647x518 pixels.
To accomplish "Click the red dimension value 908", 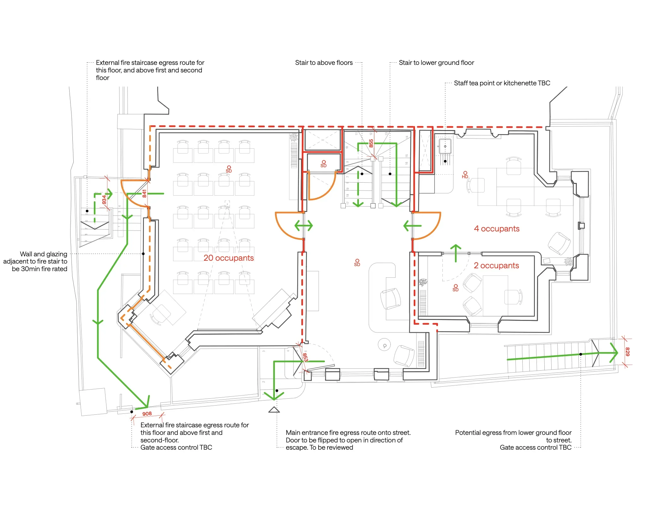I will point(147,414).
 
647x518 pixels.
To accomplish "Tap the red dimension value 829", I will point(627,352).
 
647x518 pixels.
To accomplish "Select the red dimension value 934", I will point(104,200).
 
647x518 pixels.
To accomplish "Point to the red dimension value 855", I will point(371,143).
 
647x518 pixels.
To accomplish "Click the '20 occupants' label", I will point(229,258).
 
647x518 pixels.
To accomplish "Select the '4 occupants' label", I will point(497,229).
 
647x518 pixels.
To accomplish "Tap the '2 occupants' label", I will point(496,265).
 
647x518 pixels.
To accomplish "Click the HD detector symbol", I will point(465,175).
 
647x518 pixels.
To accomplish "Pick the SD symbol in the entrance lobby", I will point(357,263).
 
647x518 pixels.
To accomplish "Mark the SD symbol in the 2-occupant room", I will point(456,288).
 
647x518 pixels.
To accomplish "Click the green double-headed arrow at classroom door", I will point(304,225).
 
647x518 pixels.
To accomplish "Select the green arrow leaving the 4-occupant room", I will point(412,225).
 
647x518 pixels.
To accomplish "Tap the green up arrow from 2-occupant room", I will point(456,253).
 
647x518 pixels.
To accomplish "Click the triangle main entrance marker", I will point(274,410).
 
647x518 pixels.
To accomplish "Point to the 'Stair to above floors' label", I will point(324,63).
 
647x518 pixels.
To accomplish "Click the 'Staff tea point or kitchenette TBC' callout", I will point(502,83).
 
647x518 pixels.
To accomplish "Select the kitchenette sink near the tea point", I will point(445,146).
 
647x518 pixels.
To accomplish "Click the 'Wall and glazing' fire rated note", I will point(35,261).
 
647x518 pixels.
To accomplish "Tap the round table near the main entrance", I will point(384,345).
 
